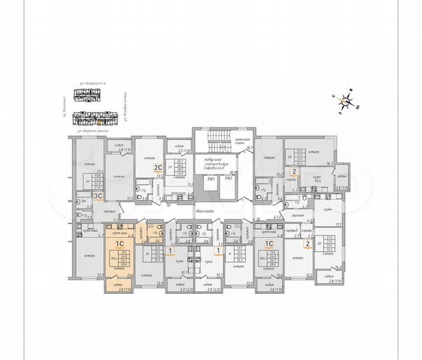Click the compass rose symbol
point(345,101)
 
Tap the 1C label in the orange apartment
point(111,245)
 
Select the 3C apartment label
point(97,195)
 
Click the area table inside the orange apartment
point(123,257)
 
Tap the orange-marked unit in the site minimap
point(99,121)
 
